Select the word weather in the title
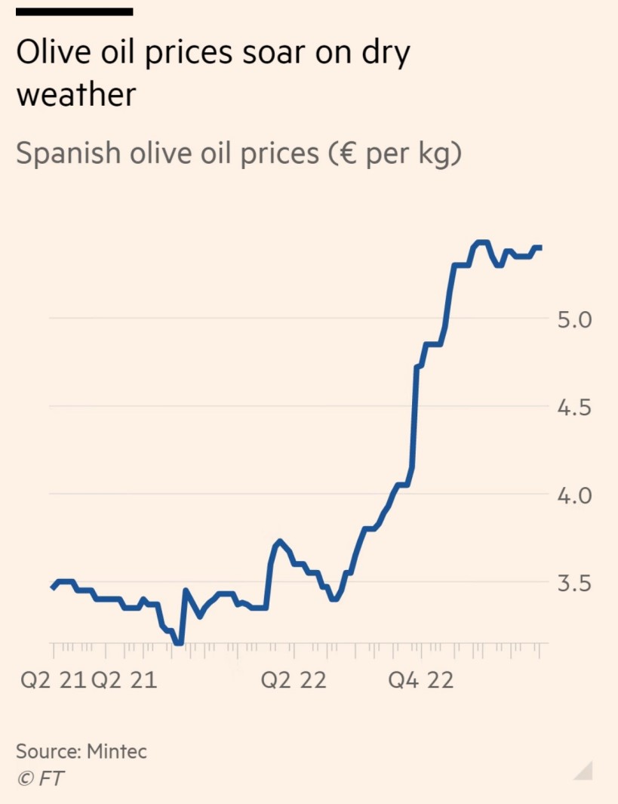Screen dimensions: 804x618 [x=76, y=96]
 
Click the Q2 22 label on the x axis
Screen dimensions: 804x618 [x=294, y=680]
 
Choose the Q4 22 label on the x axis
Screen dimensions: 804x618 [x=420, y=680]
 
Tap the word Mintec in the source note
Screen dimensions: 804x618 [x=117, y=751]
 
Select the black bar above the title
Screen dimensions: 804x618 [x=74, y=11]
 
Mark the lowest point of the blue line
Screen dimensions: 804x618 [x=177, y=642]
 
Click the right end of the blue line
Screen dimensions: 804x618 [x=540, y=248]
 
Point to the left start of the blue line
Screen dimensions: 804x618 [x=52, y=587]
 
